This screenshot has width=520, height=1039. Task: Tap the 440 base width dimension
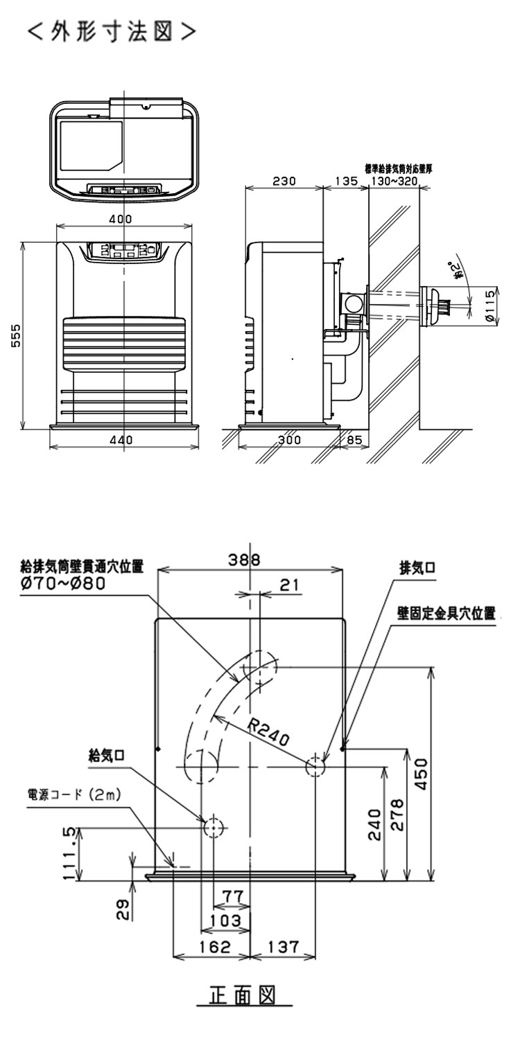[121, 439]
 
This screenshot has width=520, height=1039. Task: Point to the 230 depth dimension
[284, 181]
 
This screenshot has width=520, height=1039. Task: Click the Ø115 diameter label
[490, 304]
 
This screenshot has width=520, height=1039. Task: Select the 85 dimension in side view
[355, 439]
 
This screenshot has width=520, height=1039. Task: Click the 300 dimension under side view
[290, 439]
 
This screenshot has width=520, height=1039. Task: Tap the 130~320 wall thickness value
[394, 181]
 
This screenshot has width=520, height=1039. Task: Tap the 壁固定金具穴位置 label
[447, 614]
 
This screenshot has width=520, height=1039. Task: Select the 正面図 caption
[242, 996]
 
